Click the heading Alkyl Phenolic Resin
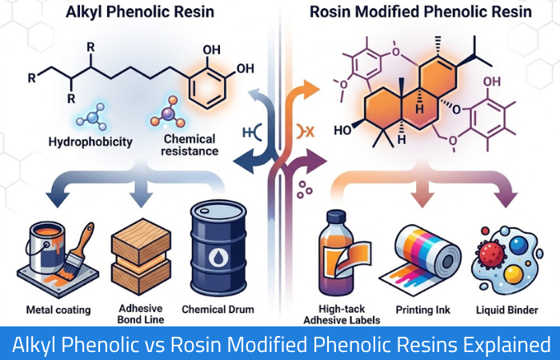pos(140,11)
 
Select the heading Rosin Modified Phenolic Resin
pos(420,11)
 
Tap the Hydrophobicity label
pos(90,142)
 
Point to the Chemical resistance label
pos(190,145)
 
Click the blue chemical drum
pos(218,248)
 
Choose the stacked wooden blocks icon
pos(141,257)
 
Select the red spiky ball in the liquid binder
pos(491,252)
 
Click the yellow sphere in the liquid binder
pos(514,274)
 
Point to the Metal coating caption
pos(58,310)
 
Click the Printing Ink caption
pos(423,310)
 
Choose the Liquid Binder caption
pos(507,310)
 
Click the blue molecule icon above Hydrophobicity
pos(92,117)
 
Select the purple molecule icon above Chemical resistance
pos(168,113)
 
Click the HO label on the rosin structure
pos(342,130)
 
